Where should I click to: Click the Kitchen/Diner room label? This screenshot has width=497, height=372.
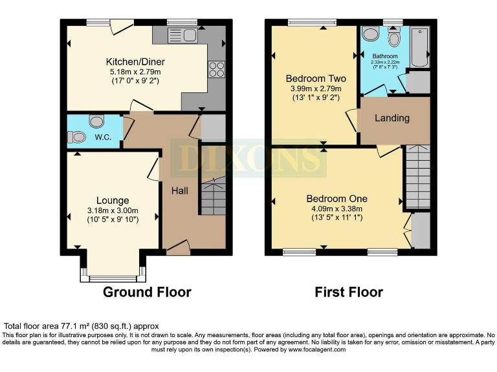[x=135, y=62]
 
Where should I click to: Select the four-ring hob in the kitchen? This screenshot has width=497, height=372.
[x=215, y=70]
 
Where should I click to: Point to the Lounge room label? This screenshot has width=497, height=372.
[x=113, y=200]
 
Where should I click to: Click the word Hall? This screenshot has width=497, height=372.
[x=180, y=191]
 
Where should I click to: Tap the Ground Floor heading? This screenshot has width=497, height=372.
[x=148, y=292]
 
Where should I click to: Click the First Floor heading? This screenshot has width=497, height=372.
[x=349, y=292]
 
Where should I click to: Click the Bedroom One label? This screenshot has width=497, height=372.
[x=337, y=198]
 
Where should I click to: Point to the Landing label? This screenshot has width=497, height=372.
[x=392, y=118]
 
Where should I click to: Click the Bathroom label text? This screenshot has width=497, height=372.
[x=385, y=56]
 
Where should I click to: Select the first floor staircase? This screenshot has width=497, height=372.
[x=417, y=177]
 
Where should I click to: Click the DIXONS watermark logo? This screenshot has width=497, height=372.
[x=248, y=157]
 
